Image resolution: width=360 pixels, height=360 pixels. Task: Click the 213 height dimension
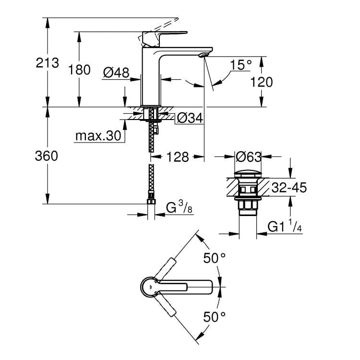pyautogui.click(x=47, y=63)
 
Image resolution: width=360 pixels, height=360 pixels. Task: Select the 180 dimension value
pyautogui.click(x=79, y=70)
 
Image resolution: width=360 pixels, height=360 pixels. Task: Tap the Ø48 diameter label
pyautogui.click(x=117, y=72)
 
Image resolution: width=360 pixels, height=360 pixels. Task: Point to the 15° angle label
pyautogui.click(x=240, y=64)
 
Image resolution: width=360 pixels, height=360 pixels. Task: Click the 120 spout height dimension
pyautogui.click(x=261, y=82)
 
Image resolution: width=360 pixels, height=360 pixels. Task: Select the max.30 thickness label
pyautogui.click(x=98, y=136)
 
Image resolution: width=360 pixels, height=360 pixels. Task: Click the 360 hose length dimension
pyautogui.click(x=47, y=156)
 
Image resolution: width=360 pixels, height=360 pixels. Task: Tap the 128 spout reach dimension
pyautogui.click(x=178, y=156)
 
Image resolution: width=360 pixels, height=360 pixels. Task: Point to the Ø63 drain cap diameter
pyautogui.click(x=248, y=156)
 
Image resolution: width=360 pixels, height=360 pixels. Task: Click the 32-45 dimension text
pyautogui.click(x=288, y=187)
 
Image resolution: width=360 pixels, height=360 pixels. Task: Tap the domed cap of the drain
pyautogui.click(x=248, y=173)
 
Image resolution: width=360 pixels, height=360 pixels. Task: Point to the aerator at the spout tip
pyautogui.click(x=204, y=55)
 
